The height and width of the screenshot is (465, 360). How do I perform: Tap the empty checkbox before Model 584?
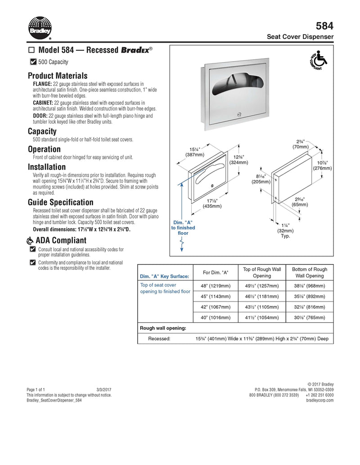coord(31,50)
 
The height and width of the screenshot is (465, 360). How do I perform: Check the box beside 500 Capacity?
coord(33,62)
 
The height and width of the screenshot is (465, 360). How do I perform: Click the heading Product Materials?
coord(58,76)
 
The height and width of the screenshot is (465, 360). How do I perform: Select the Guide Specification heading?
coord(61,202)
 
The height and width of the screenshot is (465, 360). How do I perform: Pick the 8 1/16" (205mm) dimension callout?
coord(261,179)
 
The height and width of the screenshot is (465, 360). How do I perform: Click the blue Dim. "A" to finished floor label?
coord(183,228)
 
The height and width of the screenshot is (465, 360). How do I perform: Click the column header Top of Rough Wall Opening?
coord(262,273)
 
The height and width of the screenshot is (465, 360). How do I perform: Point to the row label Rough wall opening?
coord(163,328)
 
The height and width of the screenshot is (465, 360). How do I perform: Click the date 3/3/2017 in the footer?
coord(103,389)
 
